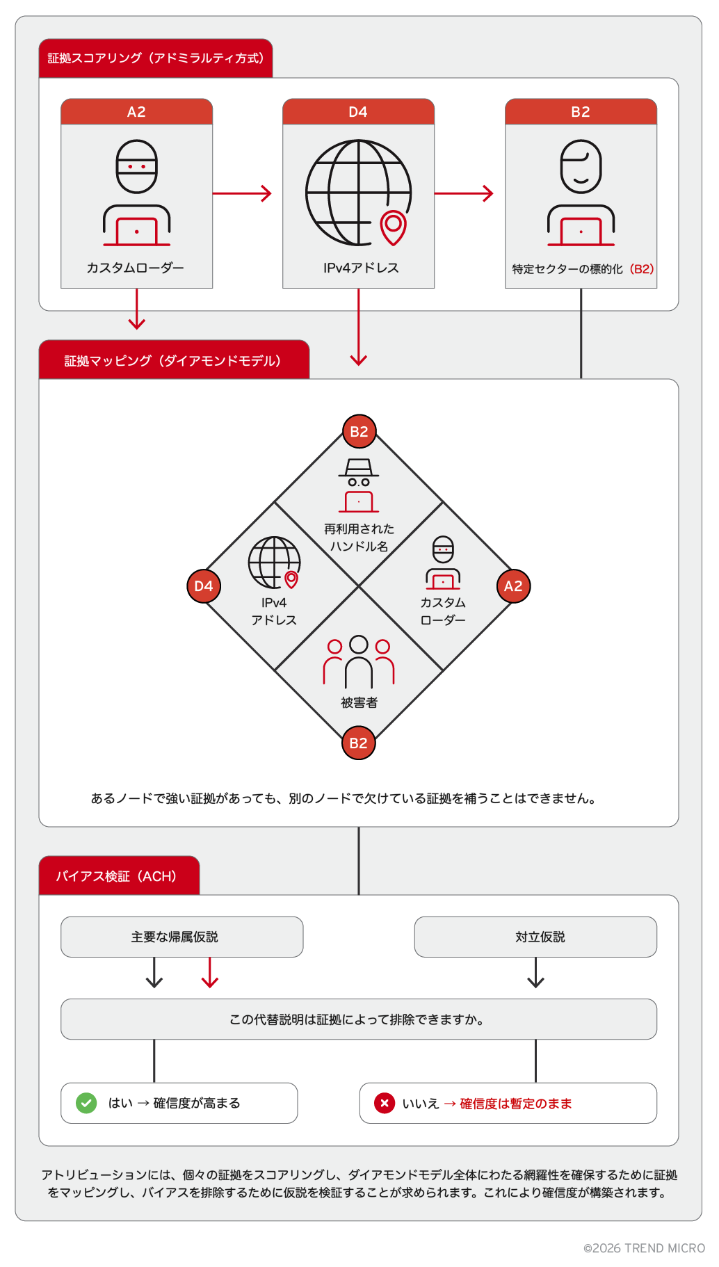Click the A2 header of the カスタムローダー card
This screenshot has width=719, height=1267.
pyautogui.click(x=136, y=112)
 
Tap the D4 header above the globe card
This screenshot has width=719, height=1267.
pyautogui.click(x=358, y=112)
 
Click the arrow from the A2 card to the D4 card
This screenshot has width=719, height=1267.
pyautogui.click(x=242, y=193)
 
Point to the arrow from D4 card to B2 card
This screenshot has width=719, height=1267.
pyautogui.click(x=464, y=193)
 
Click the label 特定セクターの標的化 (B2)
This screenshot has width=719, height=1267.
pyautogui.click(x=583, y=269)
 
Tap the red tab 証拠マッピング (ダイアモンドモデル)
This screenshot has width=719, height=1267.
pyautogui.click(x=173, y=360)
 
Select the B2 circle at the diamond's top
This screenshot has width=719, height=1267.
pyautogui.click(x=359, y=432)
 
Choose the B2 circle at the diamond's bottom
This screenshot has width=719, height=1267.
pyautogui.click(x=359, y=743)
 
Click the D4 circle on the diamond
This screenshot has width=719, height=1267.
pyautogui.click(x=204, y=586)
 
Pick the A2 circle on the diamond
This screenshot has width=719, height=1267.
pyautogui.click(x=513, y=586)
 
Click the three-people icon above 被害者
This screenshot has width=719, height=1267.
pyautogui.click(x=359, y=661)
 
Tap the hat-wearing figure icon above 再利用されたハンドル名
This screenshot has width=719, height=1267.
pyautogui.click(x=359, y=485)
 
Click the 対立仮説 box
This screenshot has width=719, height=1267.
pyautogui.click(x=535, y=937)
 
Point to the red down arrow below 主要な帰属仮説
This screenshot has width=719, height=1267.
pyautogui.click(x=210, y=973)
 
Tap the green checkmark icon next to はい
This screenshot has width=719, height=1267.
pyautogui.click(x=86, y=1103)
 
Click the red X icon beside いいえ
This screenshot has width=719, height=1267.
pyautogui.click(x=384, y=1103)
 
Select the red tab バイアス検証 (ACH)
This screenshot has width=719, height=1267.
pyautogui.click(x=118, y=876)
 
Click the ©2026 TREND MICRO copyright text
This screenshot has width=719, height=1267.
pyautogui.click(x=644, y=1248)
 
